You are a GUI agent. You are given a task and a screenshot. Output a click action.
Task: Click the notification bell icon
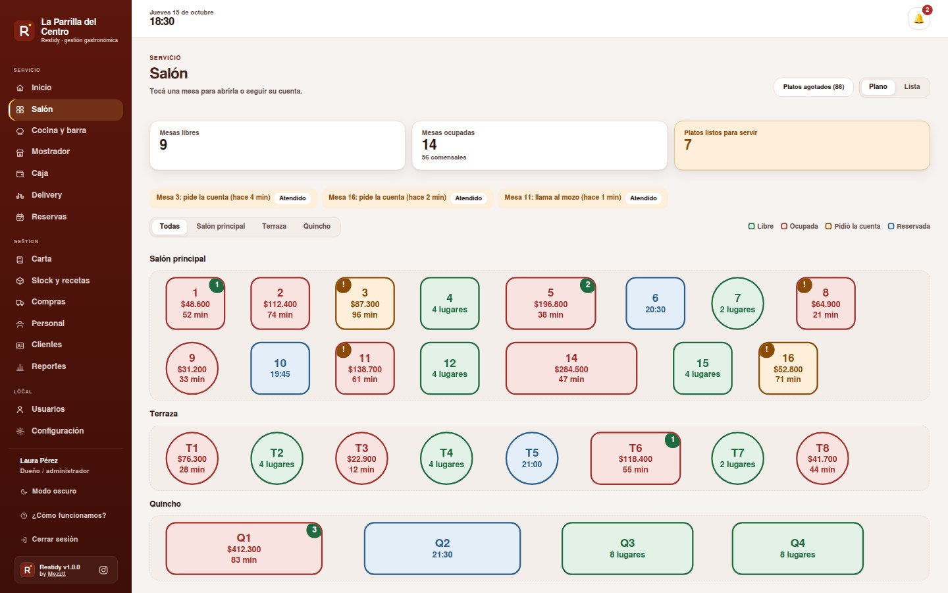918,18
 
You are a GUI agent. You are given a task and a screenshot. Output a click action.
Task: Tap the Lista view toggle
912,87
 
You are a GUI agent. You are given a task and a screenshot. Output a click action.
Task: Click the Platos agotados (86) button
813,87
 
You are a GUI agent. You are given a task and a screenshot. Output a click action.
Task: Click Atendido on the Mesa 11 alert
643,198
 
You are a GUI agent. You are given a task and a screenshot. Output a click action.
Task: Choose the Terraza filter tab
274,226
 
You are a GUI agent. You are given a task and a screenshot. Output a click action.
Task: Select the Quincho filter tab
317,226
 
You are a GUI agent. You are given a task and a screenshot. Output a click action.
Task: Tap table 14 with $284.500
571,368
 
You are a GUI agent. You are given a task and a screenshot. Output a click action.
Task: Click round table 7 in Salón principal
737,303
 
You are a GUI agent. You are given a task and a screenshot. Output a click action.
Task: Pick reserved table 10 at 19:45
280,368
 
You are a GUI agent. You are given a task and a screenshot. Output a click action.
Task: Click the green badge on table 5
587,285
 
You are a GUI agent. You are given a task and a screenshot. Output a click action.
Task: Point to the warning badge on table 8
804,285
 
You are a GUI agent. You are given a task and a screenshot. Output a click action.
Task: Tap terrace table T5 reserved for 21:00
531,458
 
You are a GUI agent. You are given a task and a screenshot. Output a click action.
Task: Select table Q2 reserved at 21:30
442,548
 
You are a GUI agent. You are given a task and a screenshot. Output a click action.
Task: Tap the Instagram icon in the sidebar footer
103,570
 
